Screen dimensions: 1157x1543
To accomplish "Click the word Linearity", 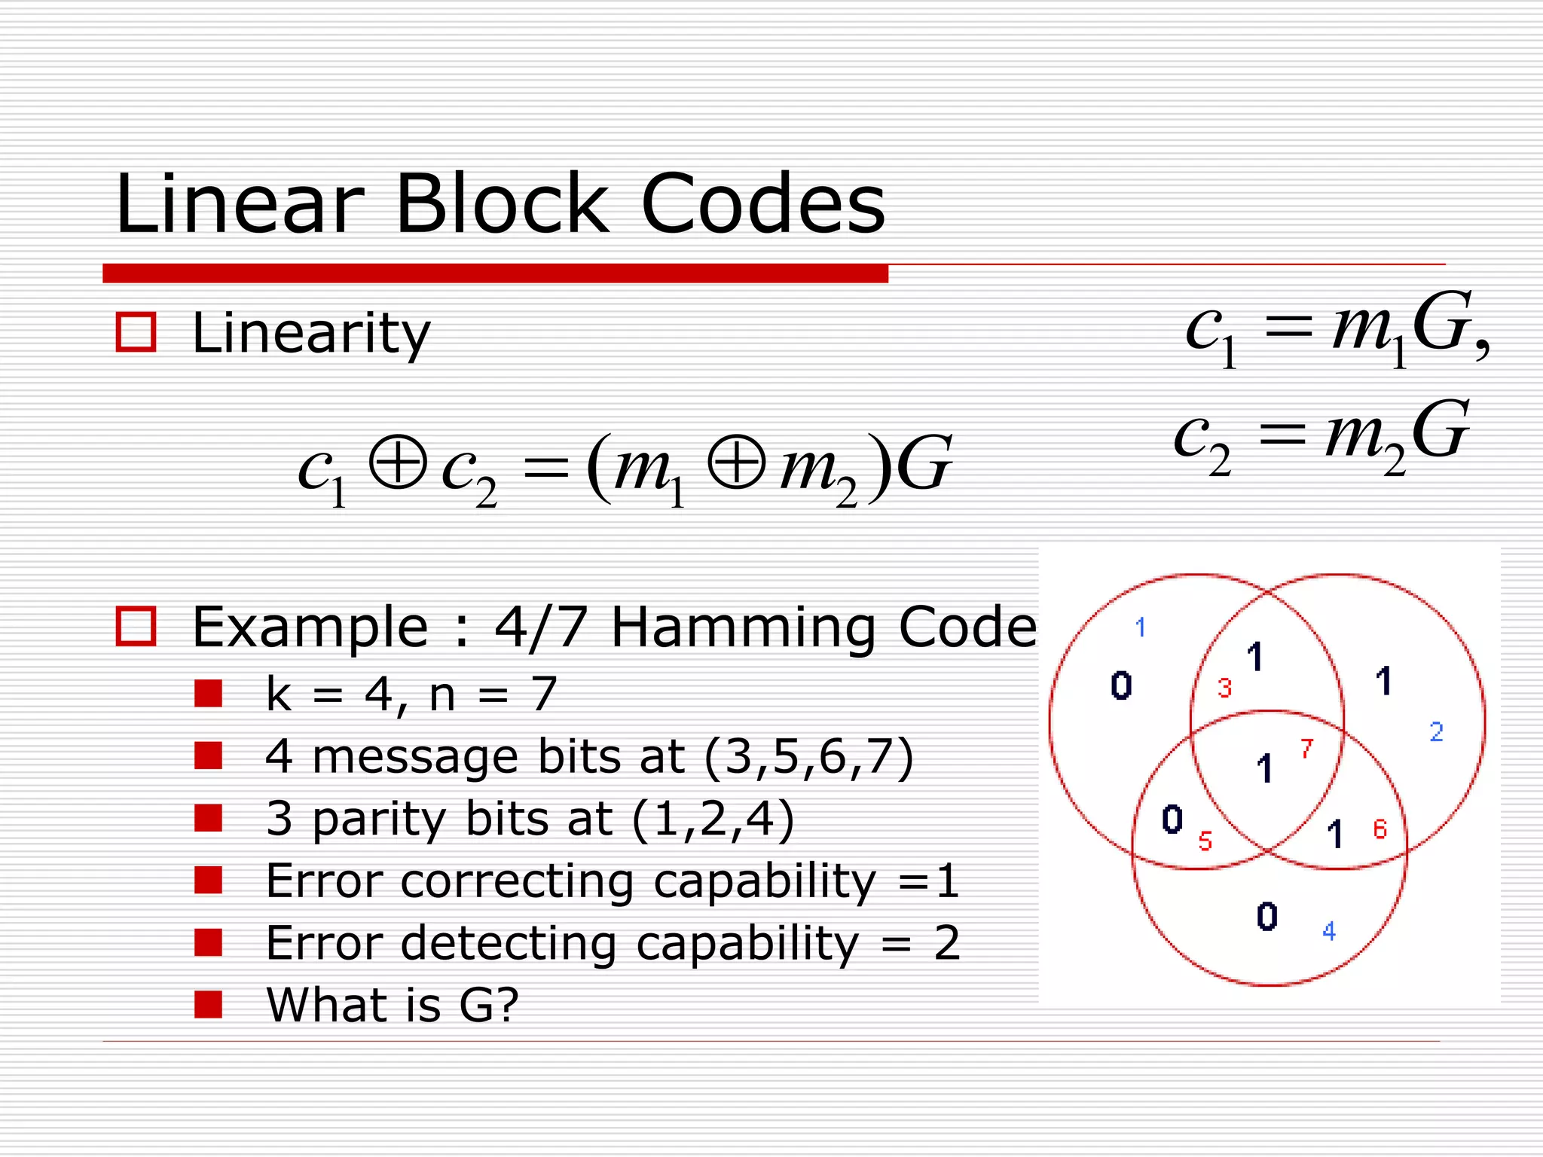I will [310, 333].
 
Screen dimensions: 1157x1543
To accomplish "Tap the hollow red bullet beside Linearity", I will [136, 332].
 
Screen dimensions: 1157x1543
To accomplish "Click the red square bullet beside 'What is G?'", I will [208, 1004].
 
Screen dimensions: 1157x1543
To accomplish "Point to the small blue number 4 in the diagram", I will [1329, 932].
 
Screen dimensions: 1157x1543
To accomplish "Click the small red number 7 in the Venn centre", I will [1306, 749].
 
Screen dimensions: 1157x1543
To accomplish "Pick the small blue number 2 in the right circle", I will [1436, 731].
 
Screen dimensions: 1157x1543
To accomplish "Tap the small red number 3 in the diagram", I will [1224, 688].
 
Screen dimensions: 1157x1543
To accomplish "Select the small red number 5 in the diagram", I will [1205, 841].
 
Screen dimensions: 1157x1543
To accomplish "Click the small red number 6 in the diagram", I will [1380, 829].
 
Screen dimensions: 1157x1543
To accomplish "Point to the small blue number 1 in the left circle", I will [1141, 627].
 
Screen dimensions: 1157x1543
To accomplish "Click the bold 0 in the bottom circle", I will [1267, 917].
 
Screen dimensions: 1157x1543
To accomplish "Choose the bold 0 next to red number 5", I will [1172, 820].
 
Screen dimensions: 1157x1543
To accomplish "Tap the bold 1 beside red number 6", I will [1335, 834].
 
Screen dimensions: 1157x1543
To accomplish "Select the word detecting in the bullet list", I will [509, 943].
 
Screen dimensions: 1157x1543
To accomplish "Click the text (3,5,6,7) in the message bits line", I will [808, 756].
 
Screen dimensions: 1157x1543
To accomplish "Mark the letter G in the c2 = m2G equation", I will [1441, 431].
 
